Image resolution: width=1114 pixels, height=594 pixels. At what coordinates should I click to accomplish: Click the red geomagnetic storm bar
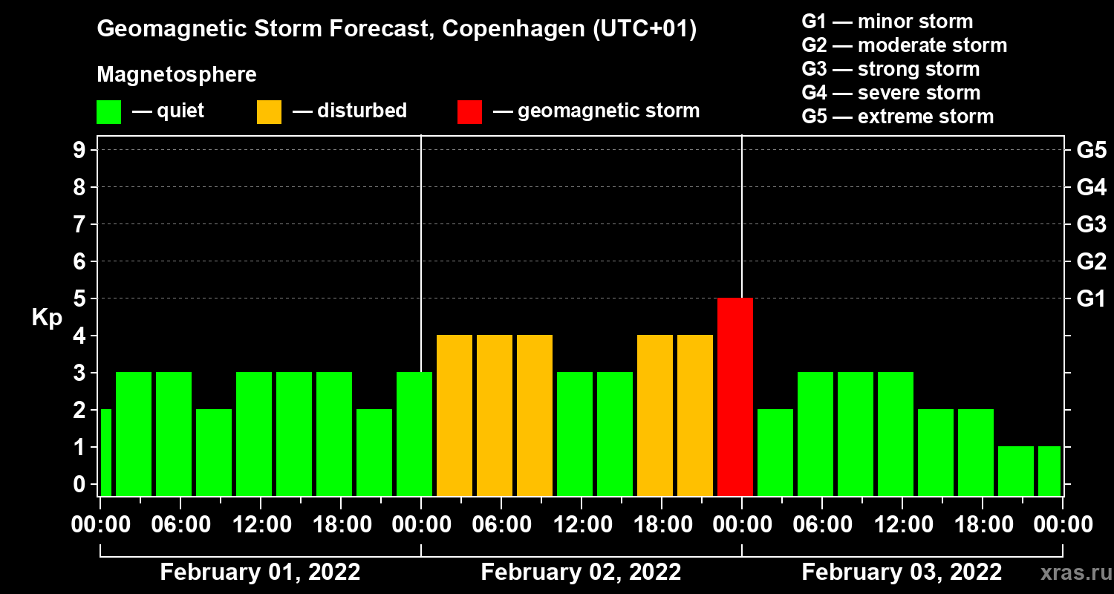point(735,396)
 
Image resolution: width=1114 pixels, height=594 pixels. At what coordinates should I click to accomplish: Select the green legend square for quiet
point(109,112)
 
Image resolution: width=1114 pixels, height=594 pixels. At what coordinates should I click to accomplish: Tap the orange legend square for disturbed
point(270,112)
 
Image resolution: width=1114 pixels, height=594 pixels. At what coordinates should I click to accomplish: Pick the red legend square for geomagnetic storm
point(469,112)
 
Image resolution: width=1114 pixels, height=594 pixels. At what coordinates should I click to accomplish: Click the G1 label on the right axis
point(1091,299)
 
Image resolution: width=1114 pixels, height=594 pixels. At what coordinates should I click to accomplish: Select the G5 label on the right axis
point(1091,151)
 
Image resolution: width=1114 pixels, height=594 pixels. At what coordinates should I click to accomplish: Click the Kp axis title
point(47,318)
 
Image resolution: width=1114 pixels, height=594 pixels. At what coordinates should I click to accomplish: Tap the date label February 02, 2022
point(581,572)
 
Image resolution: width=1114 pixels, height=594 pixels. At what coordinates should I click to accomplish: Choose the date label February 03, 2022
point(902,572)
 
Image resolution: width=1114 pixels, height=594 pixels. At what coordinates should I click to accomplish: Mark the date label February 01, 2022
point(260,572)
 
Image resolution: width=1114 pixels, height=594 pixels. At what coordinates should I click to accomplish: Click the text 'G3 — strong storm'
point(890,69)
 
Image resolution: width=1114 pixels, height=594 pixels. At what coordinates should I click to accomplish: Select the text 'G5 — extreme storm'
point(897,117)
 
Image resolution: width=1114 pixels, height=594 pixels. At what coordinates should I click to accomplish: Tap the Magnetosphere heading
point(177,75)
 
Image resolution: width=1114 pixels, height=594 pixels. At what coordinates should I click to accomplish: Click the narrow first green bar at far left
point(106,452)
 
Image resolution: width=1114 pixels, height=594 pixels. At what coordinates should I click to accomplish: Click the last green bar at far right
point(1049,471)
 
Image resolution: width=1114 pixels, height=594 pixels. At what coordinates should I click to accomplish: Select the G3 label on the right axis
point(1091,225)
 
